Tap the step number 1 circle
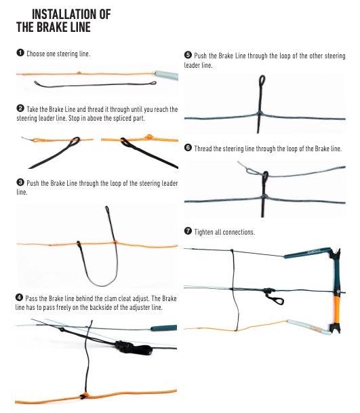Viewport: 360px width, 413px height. (x=20, y=53)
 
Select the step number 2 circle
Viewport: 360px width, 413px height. (x=20, y=109)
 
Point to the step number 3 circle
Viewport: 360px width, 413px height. (x=20, y=182)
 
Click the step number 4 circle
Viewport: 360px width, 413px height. (x=19, y=298)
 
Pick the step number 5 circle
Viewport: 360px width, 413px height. (x=188, y=55)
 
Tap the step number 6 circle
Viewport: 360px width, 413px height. (x=188, y=148)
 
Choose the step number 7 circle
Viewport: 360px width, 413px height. (x=188, y=231)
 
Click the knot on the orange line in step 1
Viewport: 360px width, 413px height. (x=78, y=73)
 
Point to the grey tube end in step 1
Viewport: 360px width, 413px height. (x=166, y=75)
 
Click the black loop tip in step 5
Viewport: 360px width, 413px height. (x=262, y=80)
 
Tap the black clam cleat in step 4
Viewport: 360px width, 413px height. (x=133, y=348)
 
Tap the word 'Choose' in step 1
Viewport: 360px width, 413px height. (x=36, y=54)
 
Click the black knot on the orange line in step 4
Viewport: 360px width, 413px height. (x=84, y=395)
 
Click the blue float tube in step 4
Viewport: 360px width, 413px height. (x=163, y=328)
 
